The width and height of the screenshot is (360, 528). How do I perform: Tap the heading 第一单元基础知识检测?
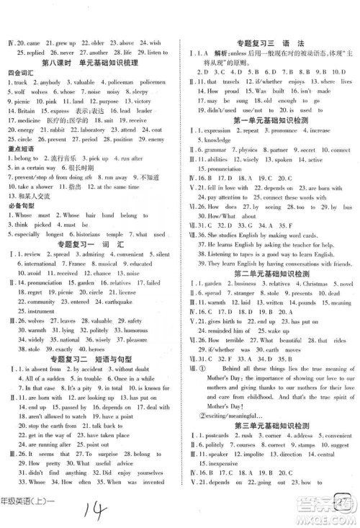tap(269, 121)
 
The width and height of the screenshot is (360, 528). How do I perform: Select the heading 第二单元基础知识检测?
tap(269, 273)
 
